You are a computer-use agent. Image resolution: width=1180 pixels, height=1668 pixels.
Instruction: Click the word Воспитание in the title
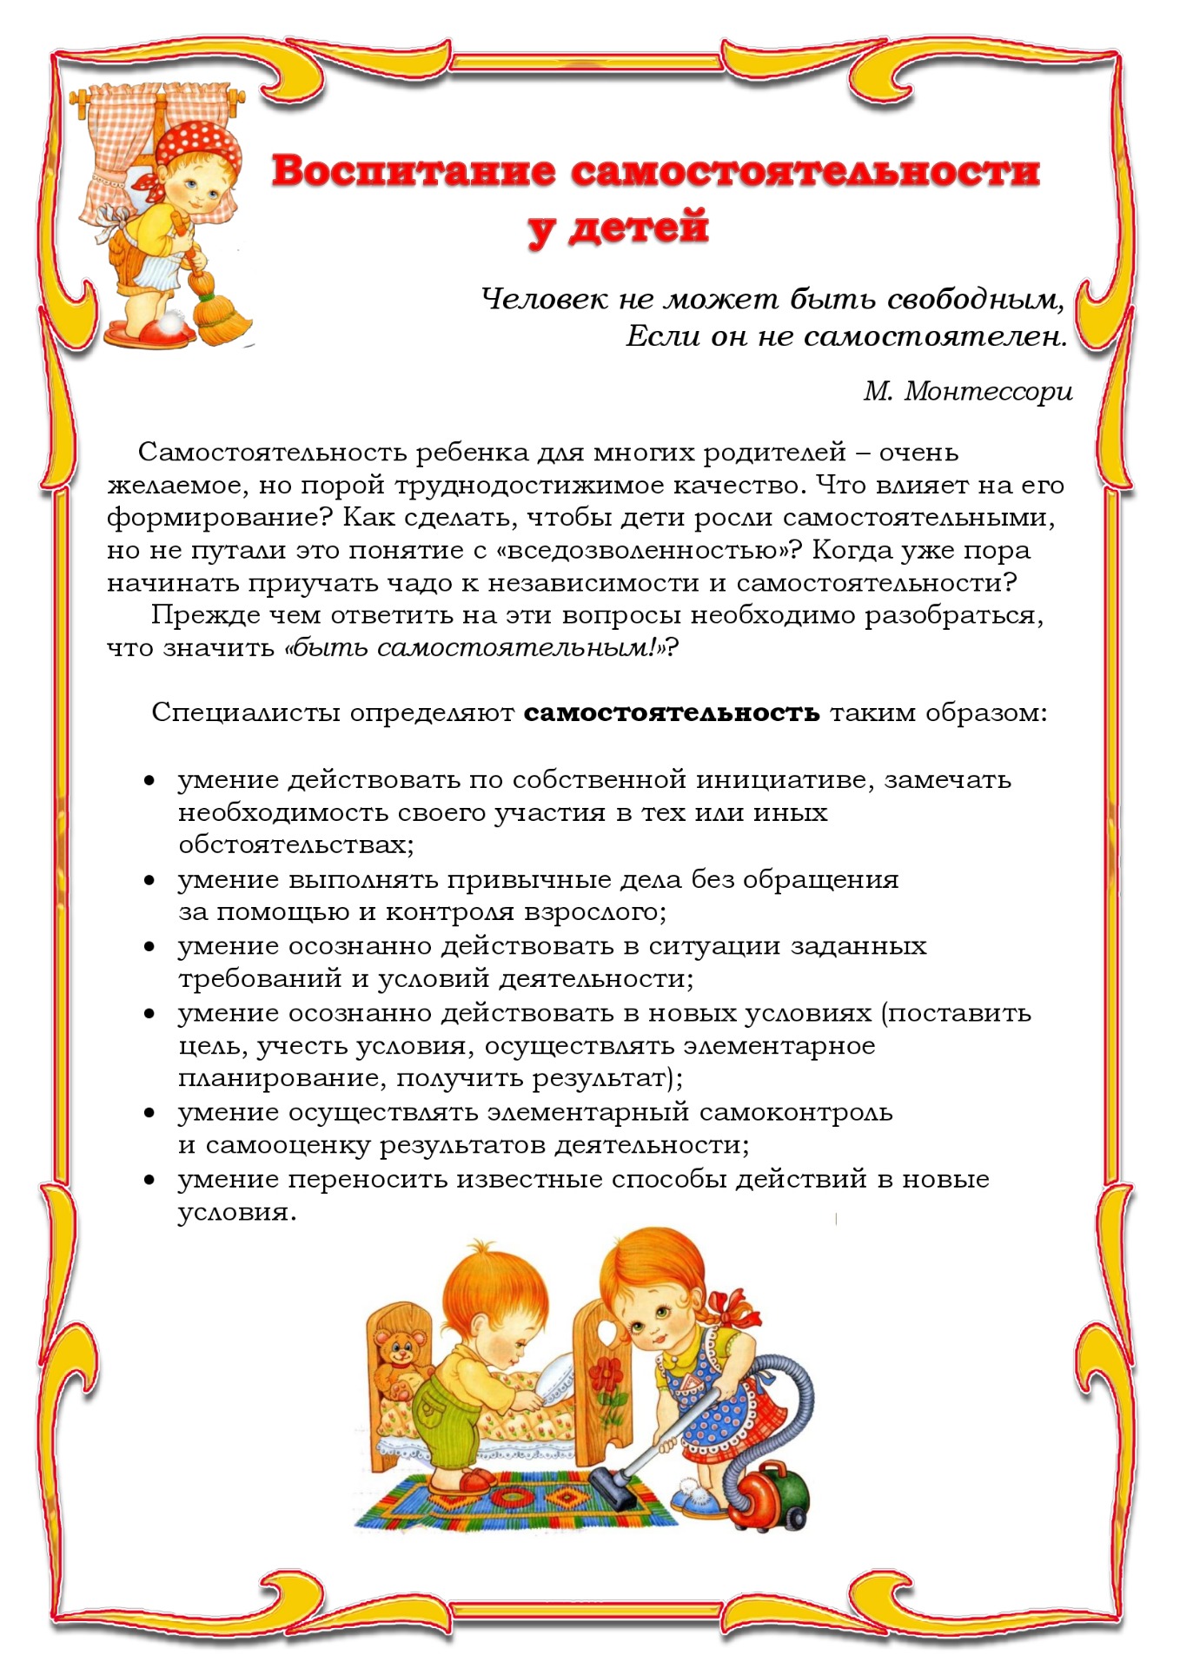click(x=413, y=170)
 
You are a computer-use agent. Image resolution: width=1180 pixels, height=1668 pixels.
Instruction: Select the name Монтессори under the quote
click(x=989, y=392)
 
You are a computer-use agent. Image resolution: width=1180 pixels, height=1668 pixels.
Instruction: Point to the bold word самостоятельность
click(x=672, y=713)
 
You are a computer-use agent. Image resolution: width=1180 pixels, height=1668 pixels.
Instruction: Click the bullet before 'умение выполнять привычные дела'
click(x=150, y=881)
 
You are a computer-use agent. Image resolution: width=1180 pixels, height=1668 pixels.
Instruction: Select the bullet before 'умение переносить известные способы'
click(x=150, y=1181)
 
